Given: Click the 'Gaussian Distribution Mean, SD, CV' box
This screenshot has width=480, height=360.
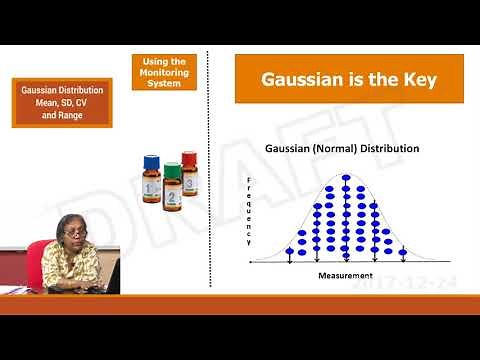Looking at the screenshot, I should [x=62, y=102].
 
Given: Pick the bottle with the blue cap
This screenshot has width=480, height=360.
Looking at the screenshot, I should [x=152, y=177].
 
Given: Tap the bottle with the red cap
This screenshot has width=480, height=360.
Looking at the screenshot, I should [x=188, y=171].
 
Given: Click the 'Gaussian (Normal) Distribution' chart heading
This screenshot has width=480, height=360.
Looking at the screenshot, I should [x=341, y=149].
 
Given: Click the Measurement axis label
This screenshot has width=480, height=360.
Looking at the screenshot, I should [x=345, y=274].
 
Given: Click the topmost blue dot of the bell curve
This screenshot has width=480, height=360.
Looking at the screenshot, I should [x=346, y=179].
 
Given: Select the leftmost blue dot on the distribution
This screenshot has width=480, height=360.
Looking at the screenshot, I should [x=289, y=251].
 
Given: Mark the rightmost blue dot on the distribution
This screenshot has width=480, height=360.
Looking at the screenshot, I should [x=403, y=251].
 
